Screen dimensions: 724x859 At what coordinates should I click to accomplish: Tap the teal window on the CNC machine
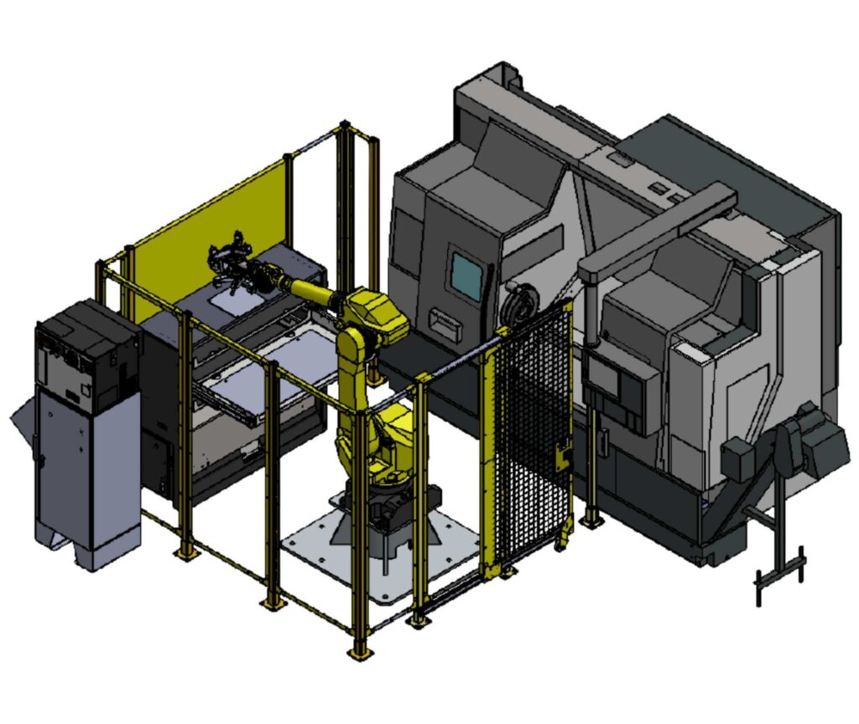tap(466, 271)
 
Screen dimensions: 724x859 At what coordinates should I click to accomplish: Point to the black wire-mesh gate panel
tap(532, 444)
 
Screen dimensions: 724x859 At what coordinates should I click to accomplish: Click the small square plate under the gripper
tap(226, 295)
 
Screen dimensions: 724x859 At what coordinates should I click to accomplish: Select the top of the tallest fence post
tap(345, 127)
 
